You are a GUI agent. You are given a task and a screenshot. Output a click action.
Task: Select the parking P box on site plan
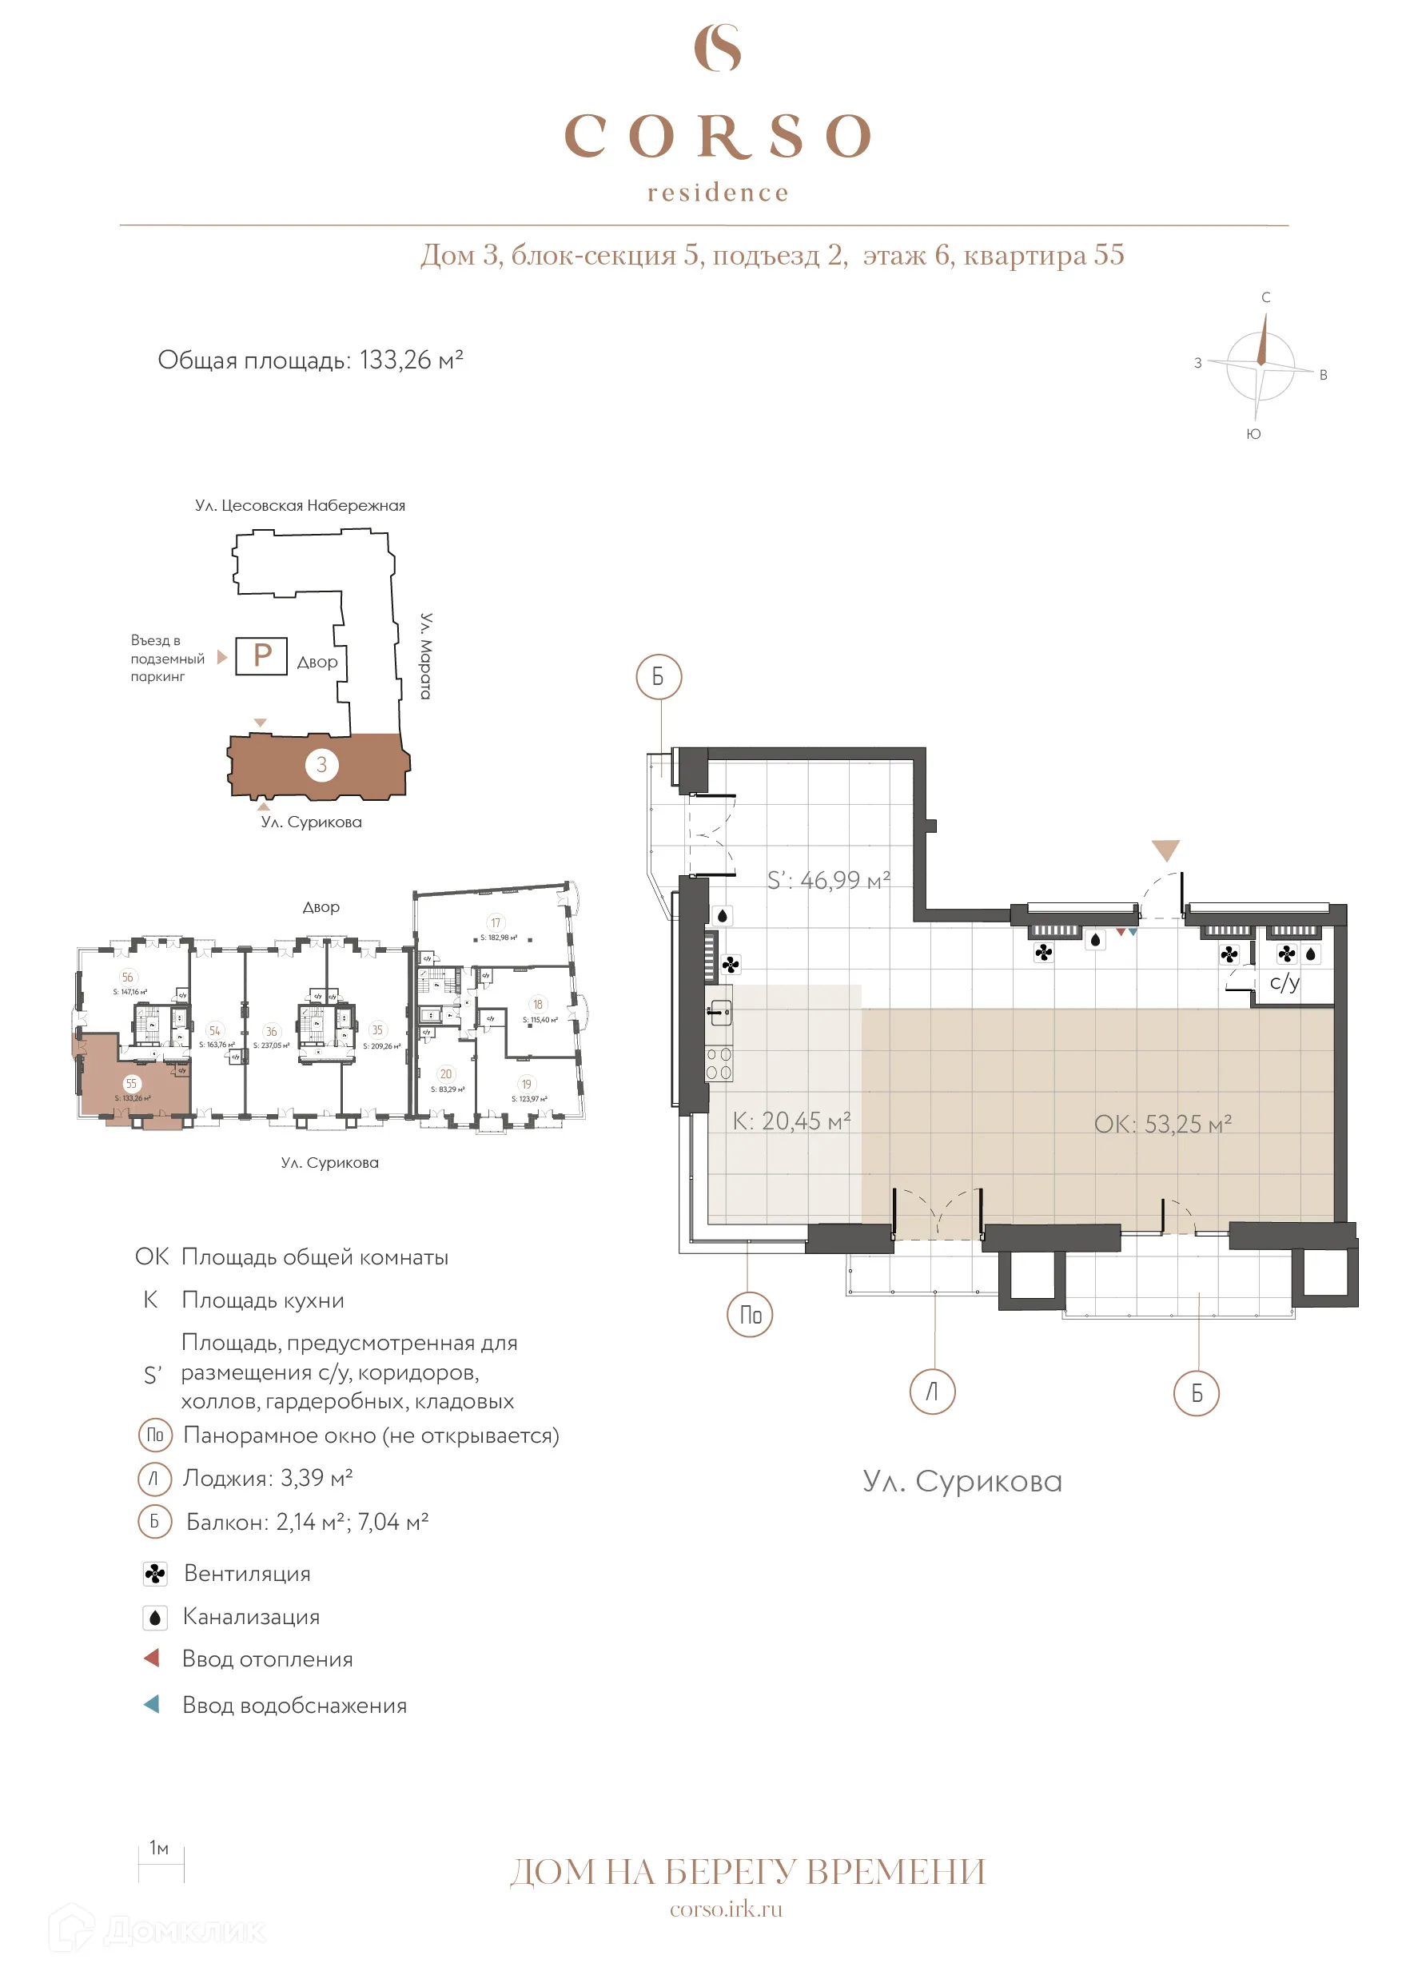click(261, 655)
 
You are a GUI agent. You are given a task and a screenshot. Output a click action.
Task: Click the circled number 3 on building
click(321, 764)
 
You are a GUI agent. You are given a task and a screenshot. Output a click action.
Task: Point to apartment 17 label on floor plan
click(495, 922)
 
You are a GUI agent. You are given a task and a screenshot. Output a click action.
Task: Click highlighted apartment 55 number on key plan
click(131, 1084)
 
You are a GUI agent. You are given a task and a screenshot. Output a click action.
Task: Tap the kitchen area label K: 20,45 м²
click(791, 1121)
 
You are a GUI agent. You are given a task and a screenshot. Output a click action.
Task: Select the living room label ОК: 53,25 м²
click(1162, 1125)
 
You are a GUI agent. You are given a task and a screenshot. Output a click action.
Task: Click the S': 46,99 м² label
click(827, 880)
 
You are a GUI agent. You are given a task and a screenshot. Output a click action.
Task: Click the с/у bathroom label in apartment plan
click(1284, 982)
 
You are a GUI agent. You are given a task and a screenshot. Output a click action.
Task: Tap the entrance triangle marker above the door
click(1165, 850)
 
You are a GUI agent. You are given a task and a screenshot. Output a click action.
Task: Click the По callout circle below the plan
click(749, 1315)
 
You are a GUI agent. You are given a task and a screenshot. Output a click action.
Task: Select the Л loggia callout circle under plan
click(932, 1392)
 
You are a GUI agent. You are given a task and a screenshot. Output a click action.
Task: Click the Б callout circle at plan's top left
click(659, 677)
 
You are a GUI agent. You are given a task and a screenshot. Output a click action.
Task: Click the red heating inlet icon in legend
click(152, 1658)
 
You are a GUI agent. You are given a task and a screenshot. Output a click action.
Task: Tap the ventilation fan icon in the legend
click(154, 1574)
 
